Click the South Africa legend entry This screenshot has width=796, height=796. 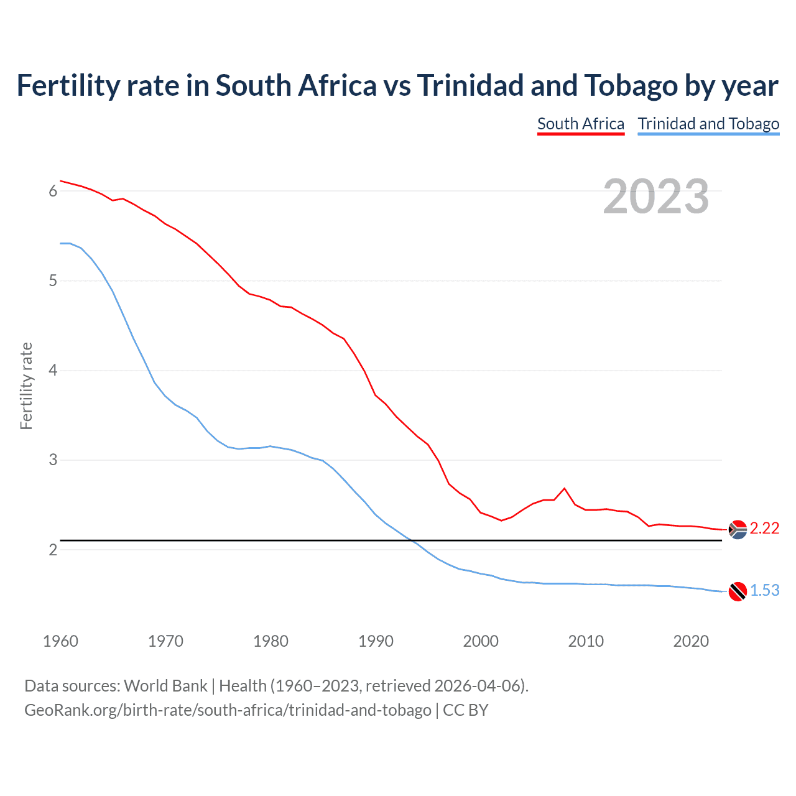point(580,124)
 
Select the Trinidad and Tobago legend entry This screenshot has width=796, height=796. point(708,124)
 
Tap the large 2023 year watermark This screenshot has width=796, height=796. point(655,197)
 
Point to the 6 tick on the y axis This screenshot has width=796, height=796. point(53,192)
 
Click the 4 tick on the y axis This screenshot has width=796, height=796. point(53,371)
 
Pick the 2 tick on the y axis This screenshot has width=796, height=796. point(53,550)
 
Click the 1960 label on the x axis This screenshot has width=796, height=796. point(60,641)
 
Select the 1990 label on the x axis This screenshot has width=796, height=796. point(376,641)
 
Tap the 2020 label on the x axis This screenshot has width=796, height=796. point(691,641)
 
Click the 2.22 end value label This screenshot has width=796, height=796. point(764,529)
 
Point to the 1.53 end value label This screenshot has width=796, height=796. point(764,591)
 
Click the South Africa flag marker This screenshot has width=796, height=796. point(738,530)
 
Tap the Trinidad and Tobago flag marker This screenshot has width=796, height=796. point(738,591)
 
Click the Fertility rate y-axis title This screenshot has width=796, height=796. point(26,386)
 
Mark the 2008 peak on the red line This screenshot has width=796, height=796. point(564,488)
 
